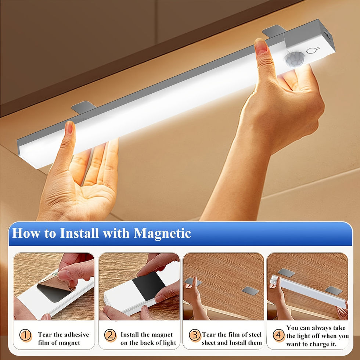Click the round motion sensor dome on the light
click(294, 59)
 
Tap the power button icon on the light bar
click(313, 50)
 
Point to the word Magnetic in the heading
click(162, 234)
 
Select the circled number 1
click(25, 335)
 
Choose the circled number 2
click(110, 335)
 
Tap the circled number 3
click(195, 335)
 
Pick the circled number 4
click(279, 335)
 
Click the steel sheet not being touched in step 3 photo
click(251, 291)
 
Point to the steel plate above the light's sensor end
click(274, 30)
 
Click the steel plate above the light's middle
click(84, 107)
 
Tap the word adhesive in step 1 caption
click(76, 335)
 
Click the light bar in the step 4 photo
click(309, 291)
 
